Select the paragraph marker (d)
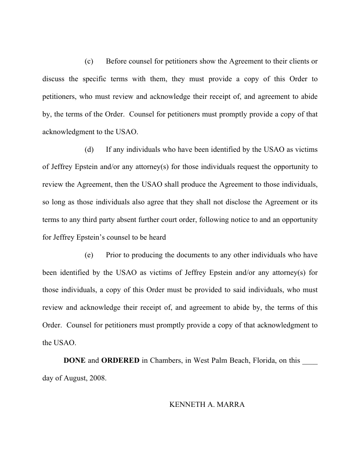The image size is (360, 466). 89,149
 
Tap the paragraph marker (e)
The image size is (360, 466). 89,255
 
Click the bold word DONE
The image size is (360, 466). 75,361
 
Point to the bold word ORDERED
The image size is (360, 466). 120,361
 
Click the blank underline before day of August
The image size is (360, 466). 310,361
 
